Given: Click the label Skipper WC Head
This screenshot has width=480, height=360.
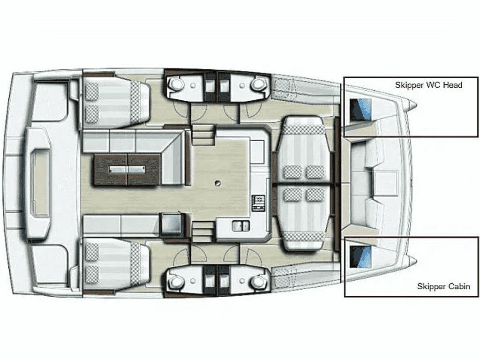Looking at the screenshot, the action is tap(428, 85).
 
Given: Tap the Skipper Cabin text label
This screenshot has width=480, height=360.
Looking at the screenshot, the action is tap(443, 286).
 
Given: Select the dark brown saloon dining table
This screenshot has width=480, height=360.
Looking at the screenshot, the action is tap(127, 170).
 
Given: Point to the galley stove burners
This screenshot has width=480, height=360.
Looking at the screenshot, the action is tap(258, 202).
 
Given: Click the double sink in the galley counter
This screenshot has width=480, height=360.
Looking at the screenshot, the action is tap(241, 226).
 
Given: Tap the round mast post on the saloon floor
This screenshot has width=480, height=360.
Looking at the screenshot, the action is tap(217, 183).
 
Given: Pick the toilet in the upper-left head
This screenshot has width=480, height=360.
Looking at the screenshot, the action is tap(175, 83).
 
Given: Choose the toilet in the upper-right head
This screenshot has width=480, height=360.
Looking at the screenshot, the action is tap(258, 83).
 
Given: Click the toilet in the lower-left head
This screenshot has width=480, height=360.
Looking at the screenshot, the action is tap(175, 281).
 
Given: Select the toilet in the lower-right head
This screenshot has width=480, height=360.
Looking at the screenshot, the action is tap(258, 281).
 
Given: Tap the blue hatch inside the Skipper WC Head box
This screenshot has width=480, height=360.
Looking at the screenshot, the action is tap(360, 110).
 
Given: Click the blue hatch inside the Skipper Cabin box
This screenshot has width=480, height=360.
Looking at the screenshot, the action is tap(360, 256).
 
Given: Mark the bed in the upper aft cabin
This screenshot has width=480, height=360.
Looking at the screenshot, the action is tap(116, 101).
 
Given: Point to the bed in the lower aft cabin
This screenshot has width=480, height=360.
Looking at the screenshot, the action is tap(116, 264).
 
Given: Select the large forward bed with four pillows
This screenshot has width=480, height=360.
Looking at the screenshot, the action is tap(303, 183).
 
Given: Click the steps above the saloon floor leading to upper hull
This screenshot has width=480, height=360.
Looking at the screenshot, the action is tap(202, 135).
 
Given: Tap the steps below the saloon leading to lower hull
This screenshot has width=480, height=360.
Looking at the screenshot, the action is tap(202, 232).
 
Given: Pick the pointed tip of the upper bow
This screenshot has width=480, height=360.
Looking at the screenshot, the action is tap(416, 105).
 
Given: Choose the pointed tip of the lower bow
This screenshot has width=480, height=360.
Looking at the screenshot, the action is tap(416, 261).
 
